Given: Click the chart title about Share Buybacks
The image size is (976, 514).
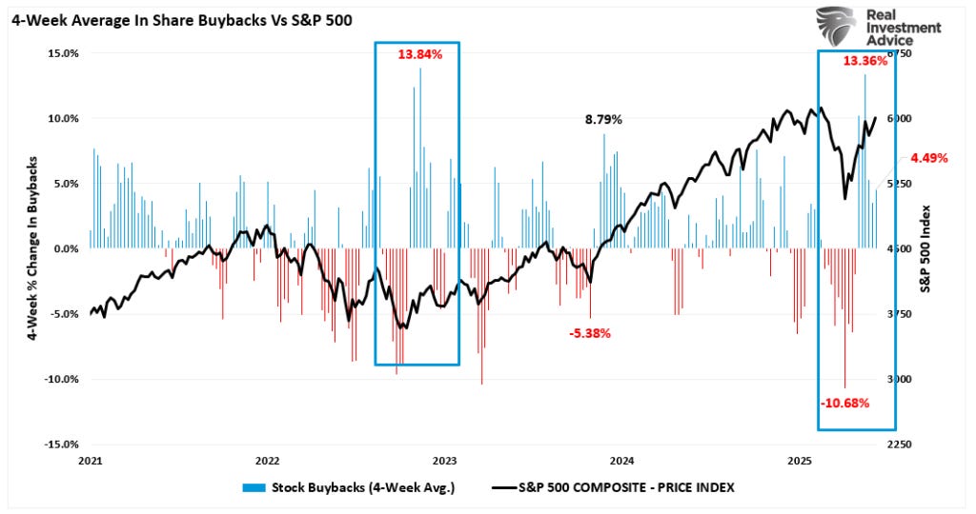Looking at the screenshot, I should tap(181, 23).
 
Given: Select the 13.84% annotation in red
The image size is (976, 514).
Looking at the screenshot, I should tap(420, 54).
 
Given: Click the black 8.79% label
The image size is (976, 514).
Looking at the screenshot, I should tap(603, 120).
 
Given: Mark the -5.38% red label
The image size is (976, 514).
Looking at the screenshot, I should tap(590, 333).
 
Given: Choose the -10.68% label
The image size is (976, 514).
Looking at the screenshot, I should tap(844, 403).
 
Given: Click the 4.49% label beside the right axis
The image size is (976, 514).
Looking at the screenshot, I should tap(929, 158).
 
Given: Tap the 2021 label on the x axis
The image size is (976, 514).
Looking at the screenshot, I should tap(90, 462).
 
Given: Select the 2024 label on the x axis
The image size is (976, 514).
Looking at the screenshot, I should tap(623, 462).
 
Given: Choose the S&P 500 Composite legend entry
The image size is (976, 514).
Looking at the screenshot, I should tap(615, 487).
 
